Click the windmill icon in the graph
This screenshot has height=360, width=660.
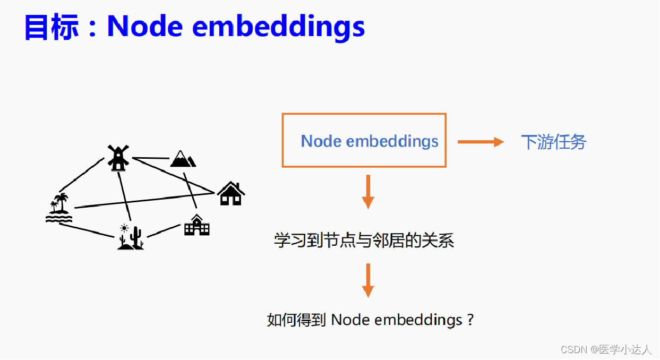(x=117, y=158)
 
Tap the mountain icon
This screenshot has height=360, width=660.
(x=183, y=159)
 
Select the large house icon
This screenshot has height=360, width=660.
(x=231, y=193)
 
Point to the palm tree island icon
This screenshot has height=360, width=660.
(x=58, y=208)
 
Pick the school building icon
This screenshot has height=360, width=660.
(x=196, y=225)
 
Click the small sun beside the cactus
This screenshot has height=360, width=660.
(x=124, y=228)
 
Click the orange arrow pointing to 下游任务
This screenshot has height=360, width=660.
(x=480, y=142)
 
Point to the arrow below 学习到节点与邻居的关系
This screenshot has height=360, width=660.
(x=368, y=280)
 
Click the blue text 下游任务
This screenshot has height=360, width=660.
(x=553, y=142)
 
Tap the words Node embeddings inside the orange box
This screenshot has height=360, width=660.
(x=370, y=141)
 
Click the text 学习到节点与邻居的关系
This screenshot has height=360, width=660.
(x=364, y=241)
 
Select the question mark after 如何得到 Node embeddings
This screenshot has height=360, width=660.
(x=469, y=320)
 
